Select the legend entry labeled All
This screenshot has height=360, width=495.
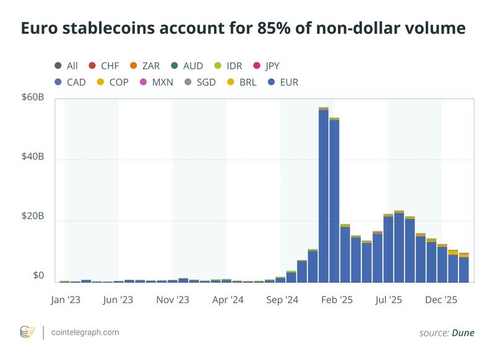point(66,65)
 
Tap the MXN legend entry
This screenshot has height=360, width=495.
point(157,82)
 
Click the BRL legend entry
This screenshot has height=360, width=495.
point(243,82)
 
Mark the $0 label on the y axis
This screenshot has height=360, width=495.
point(37,276)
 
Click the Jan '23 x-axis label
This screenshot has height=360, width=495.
point(64,300)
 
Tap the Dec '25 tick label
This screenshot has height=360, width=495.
point(442,300)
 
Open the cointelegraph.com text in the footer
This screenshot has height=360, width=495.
point(85,332)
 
